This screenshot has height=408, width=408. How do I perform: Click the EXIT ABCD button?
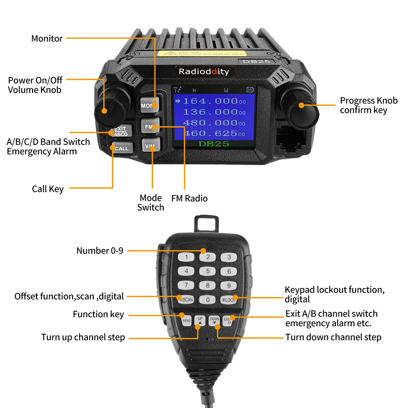[121, 131]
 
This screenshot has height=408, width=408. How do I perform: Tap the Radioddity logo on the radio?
[204, 71]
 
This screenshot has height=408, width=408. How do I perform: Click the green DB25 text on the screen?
[214, 144]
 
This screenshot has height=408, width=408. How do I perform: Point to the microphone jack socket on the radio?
[291, 139]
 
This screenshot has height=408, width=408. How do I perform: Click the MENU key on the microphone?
[186, 321]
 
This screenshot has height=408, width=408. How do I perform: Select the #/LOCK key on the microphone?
[228, 300]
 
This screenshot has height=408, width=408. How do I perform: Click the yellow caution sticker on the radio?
[201, 53]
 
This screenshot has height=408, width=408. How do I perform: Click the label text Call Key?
[48, 189]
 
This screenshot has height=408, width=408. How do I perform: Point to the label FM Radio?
[189, 198]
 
